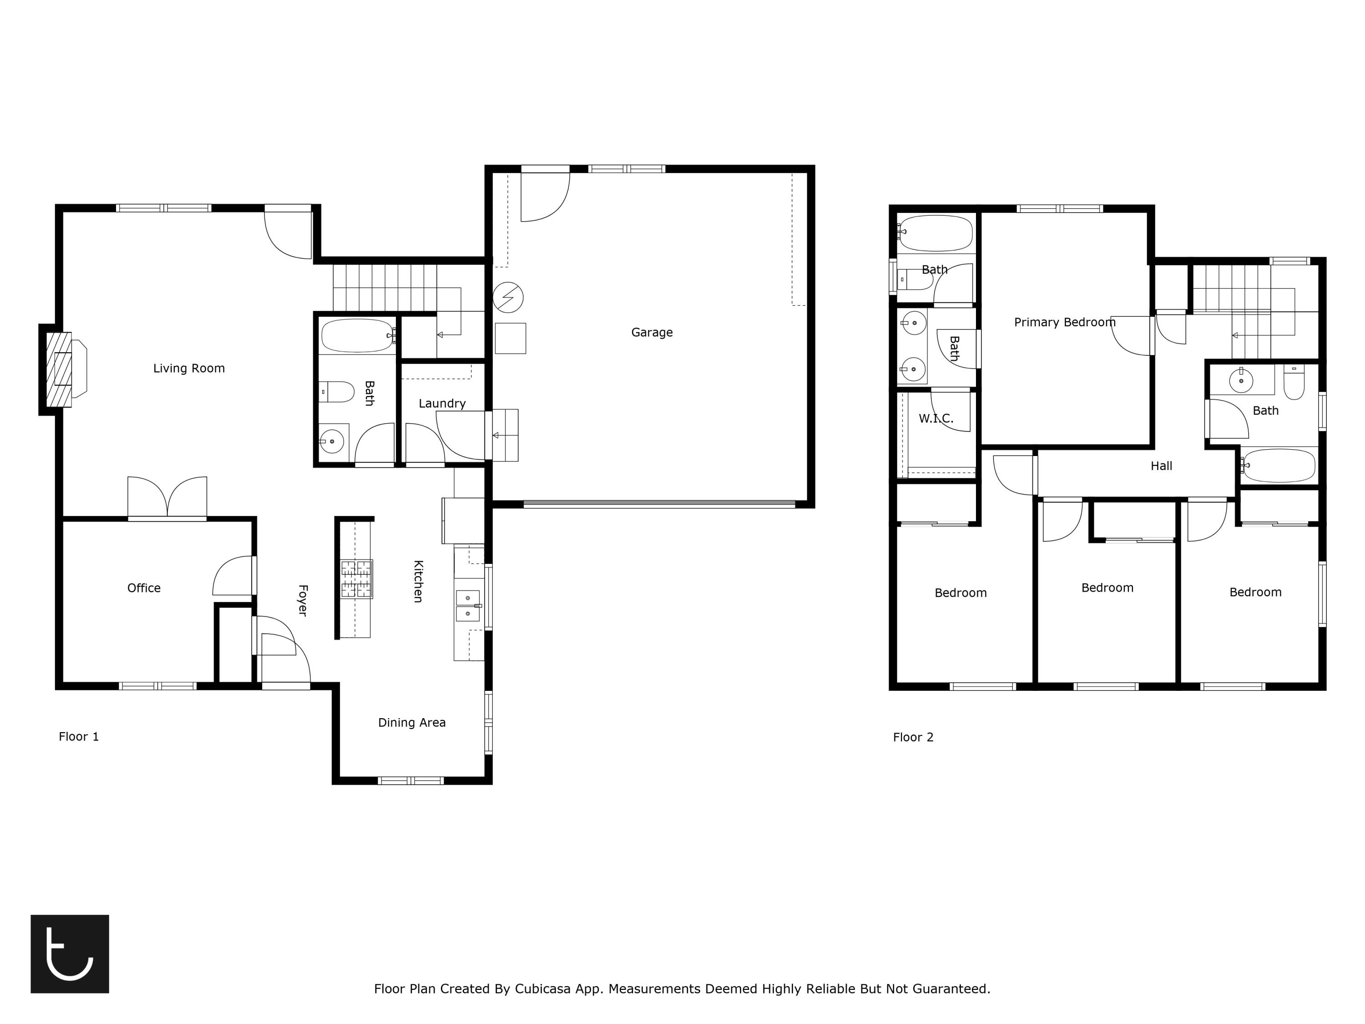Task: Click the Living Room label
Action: click(189, 369)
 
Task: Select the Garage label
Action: click(652, 333)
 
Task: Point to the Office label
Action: click(144, 588)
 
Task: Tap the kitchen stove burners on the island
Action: click(357, 579)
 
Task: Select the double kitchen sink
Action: click(468, 605)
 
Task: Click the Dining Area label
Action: click(412, 723)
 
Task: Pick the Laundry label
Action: click(442, 404)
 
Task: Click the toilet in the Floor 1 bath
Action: click(337, 392)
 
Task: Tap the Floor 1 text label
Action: click(78, 737)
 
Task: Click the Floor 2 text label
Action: click(913, 738)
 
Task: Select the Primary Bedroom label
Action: click(1065, 322)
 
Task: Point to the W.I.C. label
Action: click(935, 419)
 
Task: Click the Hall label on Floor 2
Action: click(1161, 466)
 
